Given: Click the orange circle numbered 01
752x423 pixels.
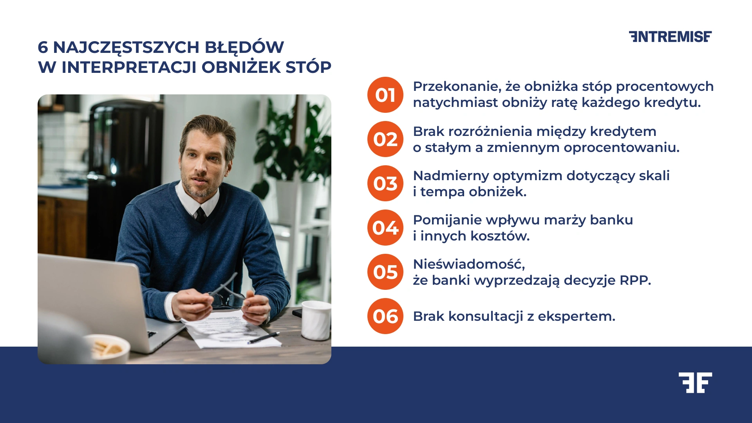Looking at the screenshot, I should (385, 95).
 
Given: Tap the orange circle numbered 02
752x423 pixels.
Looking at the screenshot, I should (385, 139).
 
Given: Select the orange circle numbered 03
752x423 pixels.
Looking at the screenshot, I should (385, 183).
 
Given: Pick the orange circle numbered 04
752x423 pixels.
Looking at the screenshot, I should (385, 228).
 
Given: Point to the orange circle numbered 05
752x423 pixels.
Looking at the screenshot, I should (385, 272).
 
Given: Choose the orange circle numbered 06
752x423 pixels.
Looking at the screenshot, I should (385, 316).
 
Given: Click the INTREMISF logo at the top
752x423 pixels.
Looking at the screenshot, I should (670, 37).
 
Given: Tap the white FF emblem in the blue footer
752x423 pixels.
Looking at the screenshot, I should (695, 383).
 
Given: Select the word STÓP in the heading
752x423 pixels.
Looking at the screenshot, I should (308, 67).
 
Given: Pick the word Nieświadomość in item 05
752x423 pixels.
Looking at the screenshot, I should (468, 264).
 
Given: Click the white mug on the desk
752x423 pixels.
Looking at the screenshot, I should (316, 320).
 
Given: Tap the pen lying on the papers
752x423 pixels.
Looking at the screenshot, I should (263, 338).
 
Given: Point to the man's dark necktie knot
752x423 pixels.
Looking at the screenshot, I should (201, 214).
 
